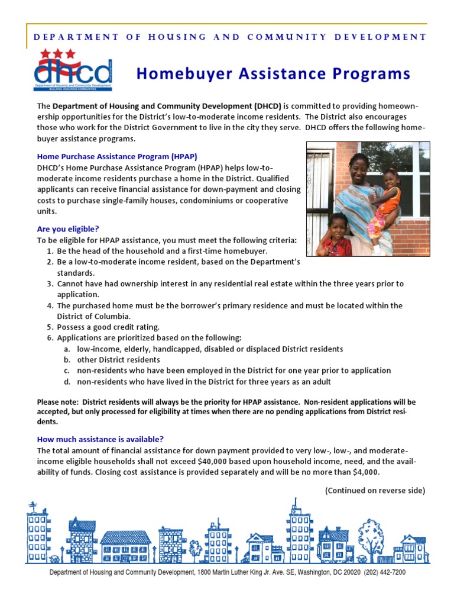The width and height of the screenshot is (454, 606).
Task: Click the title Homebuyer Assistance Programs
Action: pyautogui.click(x=273, y=73)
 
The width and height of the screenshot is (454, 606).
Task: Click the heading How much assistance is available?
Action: pyautogui.click(x=100, y=439)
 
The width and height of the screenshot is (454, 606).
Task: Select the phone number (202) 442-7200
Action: pyautogui.click(x=385, y=573)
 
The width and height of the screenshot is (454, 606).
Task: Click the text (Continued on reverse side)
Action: pyautogui.click(x=375, y=491)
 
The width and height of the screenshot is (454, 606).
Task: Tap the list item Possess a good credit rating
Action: pyautogui.click(x=108, y=327)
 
